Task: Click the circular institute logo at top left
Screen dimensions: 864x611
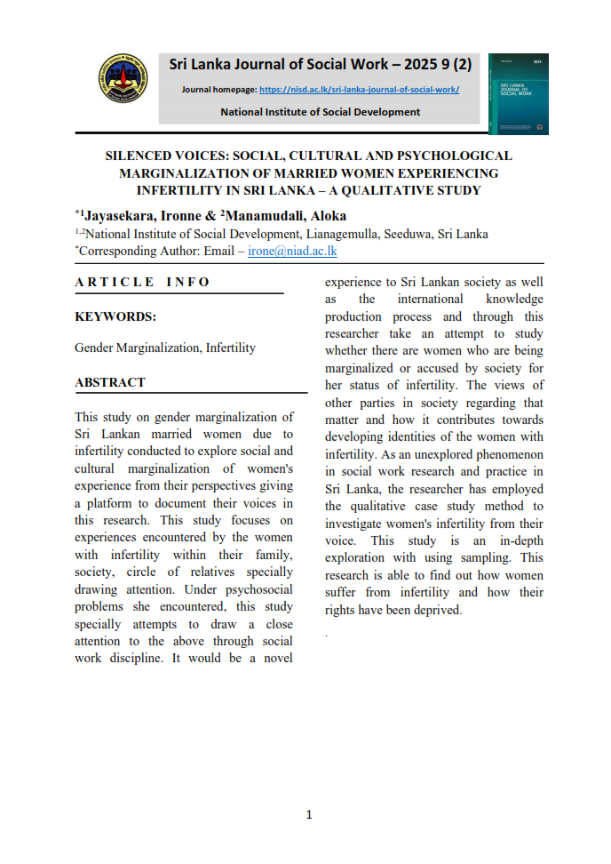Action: [123, 81]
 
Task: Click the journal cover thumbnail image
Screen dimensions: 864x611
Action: [518, 94]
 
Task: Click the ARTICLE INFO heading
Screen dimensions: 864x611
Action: [143, 282]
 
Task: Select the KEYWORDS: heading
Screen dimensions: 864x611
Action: [115, 316]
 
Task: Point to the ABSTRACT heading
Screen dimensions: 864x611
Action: [110, 382]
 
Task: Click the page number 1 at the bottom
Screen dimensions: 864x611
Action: [308, 815]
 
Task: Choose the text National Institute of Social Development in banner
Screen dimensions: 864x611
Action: [320, 112]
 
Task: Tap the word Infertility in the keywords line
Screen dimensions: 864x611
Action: [230, 348]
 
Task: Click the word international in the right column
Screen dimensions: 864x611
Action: [431, 300]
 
